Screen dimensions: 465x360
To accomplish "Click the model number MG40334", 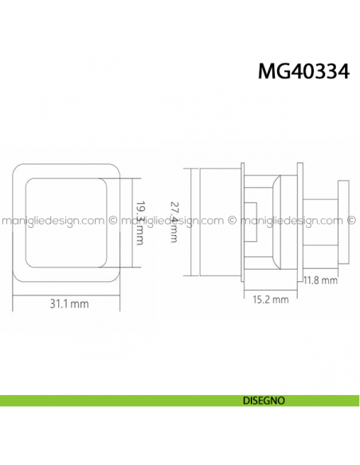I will point(303,72).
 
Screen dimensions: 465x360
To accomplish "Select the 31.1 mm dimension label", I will point(68,303).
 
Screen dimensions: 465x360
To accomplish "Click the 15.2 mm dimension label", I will point(264,299).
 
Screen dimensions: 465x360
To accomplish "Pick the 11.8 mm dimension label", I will point(320,280).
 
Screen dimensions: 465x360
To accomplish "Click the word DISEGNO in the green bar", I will point(263,401).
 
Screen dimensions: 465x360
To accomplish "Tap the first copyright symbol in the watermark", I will point(113,221).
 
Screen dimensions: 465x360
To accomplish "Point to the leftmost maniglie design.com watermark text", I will point(53,221).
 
